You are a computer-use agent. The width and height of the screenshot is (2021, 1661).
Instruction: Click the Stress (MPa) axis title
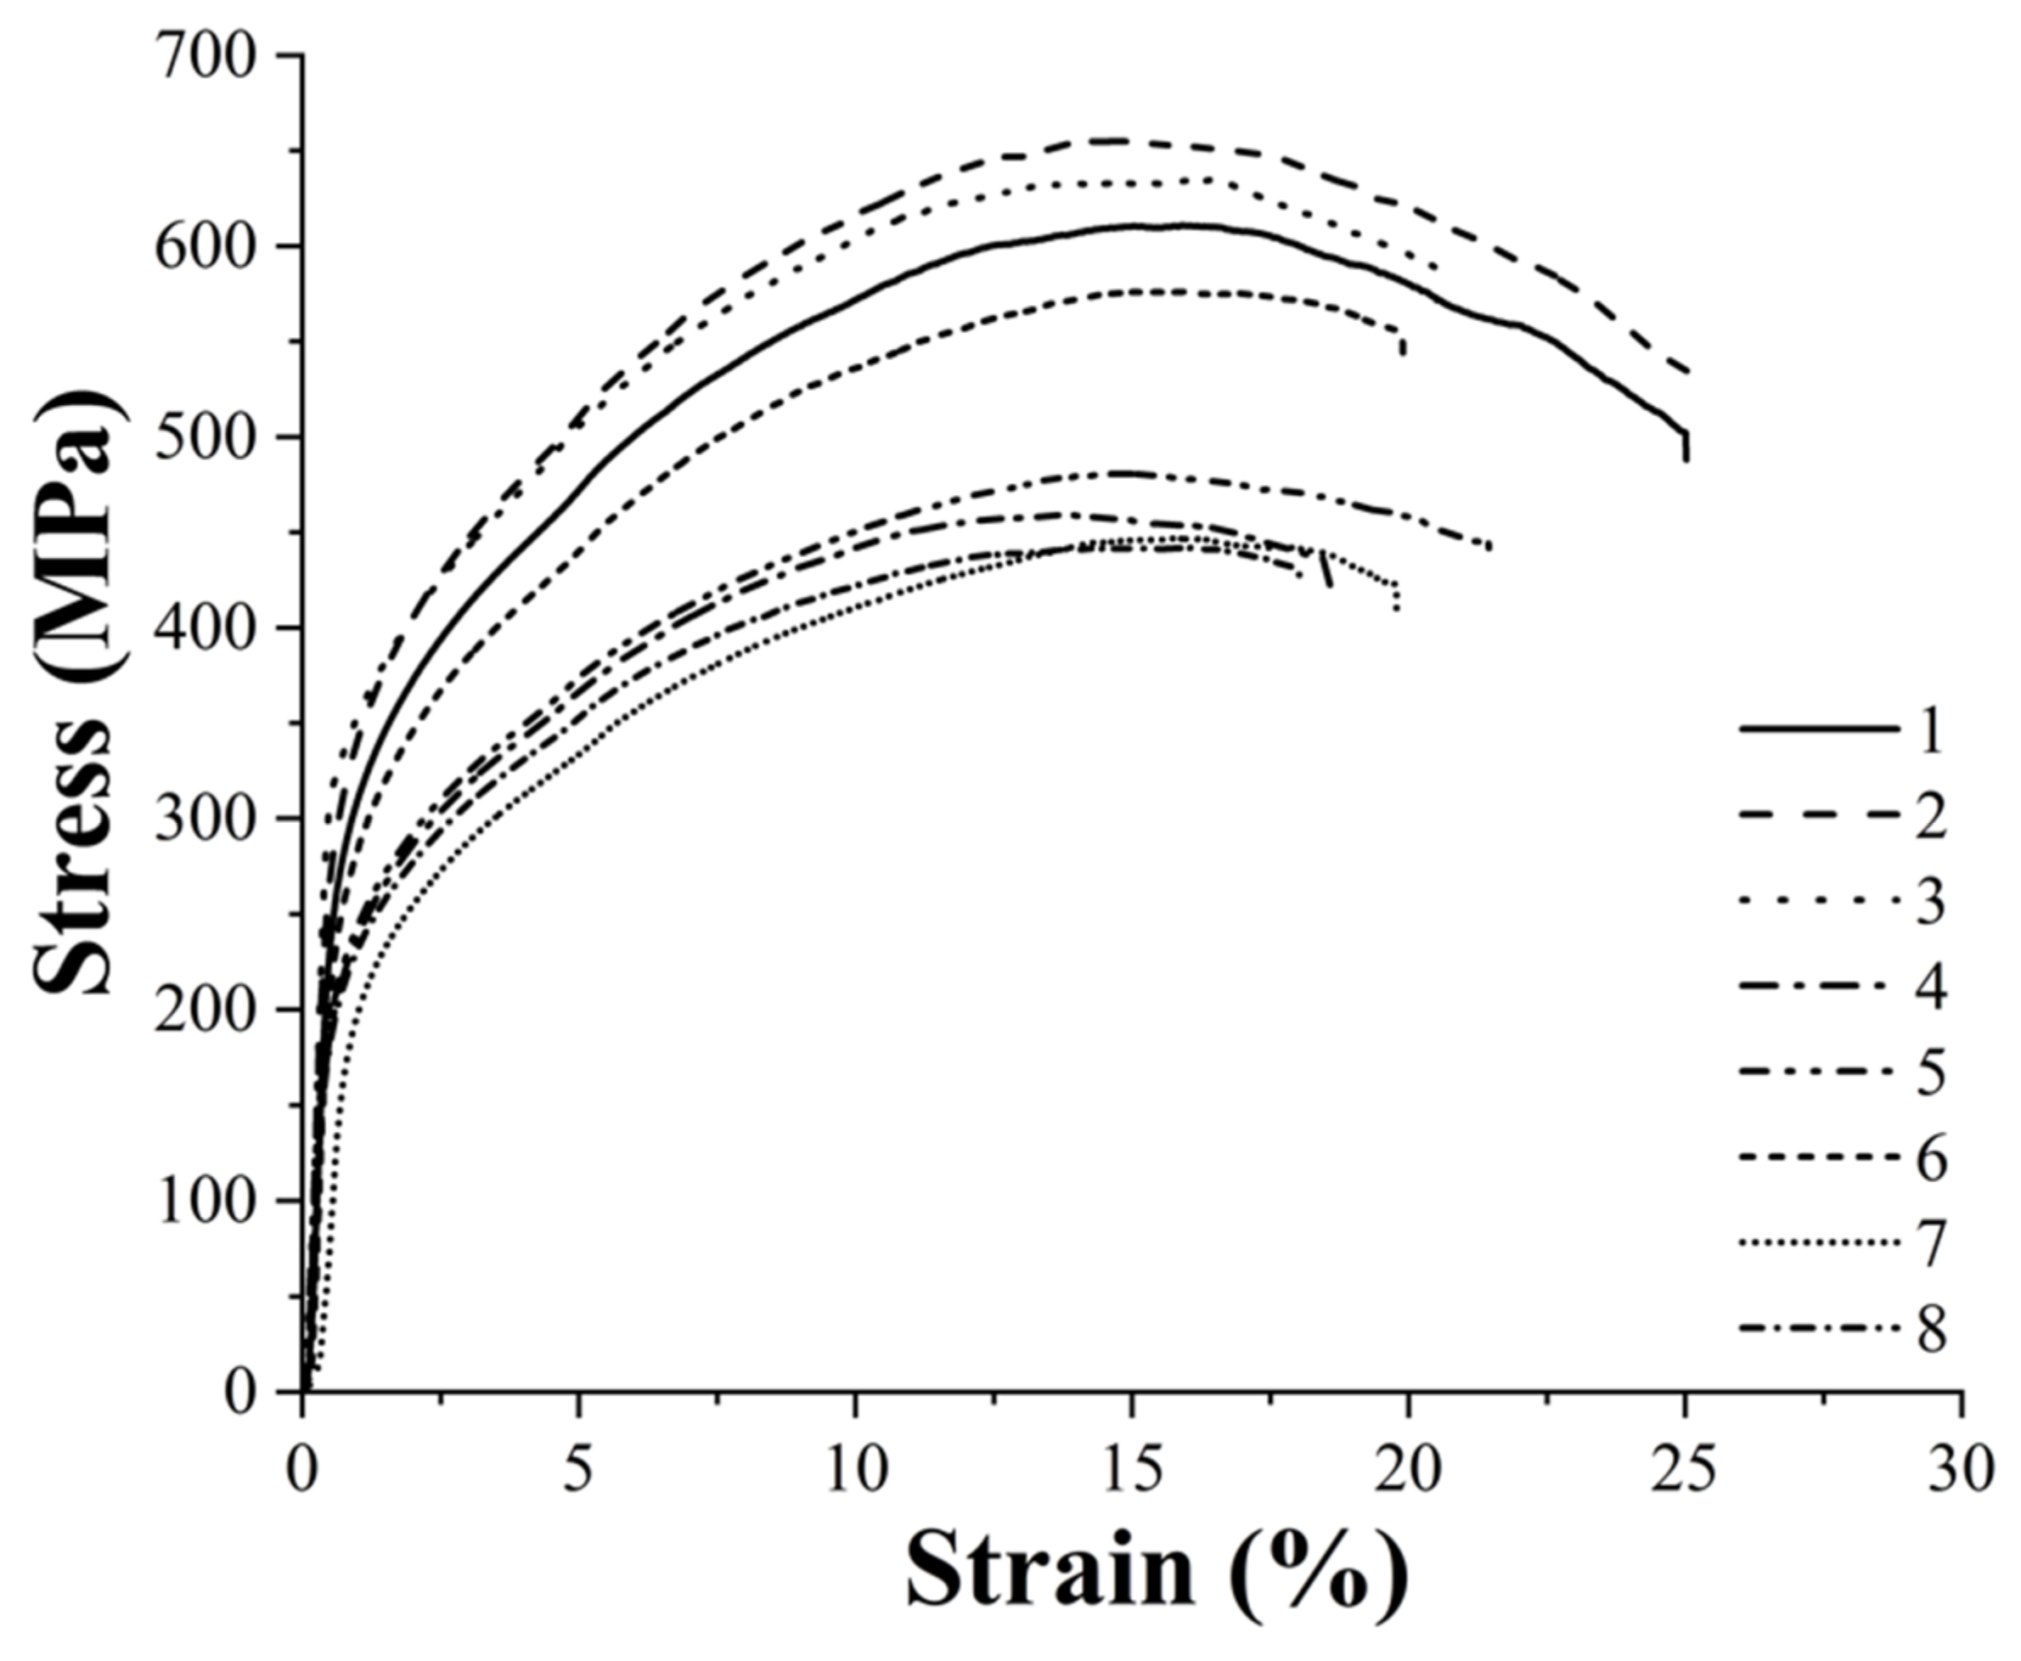[76, 694]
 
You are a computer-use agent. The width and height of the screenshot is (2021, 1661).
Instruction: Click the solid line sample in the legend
[1818, 730]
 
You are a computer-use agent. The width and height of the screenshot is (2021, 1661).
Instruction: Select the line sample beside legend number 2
[1818, 815]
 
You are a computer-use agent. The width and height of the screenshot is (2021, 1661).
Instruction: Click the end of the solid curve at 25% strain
[1686, 459]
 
